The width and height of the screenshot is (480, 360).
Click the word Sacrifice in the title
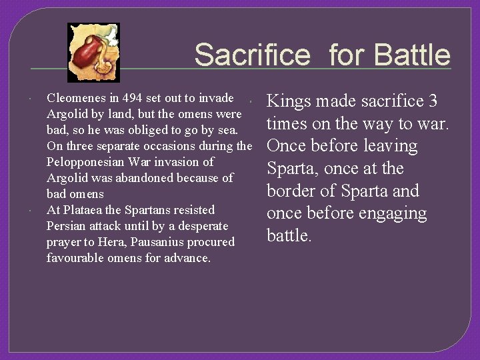click(252, 55)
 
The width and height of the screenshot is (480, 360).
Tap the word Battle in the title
click(413, 55)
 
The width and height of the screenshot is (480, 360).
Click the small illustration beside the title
click(94, 52)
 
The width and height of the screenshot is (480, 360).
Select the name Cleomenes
click(75, 98)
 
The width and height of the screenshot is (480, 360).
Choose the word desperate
click(199, 226)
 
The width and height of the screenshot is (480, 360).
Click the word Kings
click(288, 101)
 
